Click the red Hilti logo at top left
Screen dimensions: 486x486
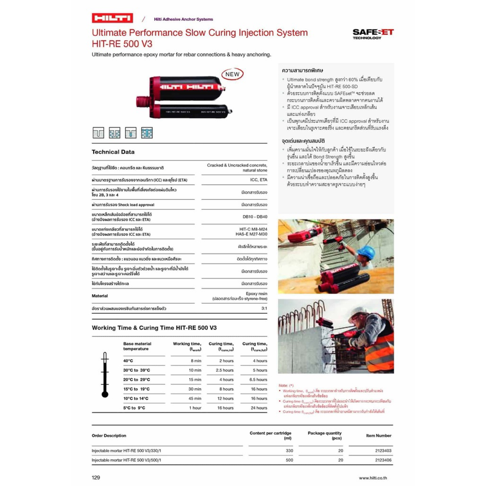[x=112, y=19]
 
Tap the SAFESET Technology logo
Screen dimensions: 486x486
[x=373, y=33]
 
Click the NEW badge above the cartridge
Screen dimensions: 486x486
[x=232, y=74]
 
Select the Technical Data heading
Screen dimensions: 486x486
[x=113, y=152]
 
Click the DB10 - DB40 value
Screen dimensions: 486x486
[x=255, y=216]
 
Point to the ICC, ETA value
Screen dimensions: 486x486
[x=259, y=180]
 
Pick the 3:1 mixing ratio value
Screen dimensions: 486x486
[x=264, y=308]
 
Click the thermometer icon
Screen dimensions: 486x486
[x=105, y=375]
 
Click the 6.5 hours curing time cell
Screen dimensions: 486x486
[x=258, y=380]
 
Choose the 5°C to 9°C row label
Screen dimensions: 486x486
[x=134, y=408]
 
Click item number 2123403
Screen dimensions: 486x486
[x=383, y=451]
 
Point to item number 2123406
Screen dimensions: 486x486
[x=383, y=460]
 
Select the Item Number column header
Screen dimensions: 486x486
[x=379, y=435]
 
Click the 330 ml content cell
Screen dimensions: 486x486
[x=289, y=451]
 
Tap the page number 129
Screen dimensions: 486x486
[x=96, y=477]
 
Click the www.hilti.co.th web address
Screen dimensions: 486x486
[x=375, y=478]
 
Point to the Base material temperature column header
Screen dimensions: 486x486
[x=137, y=346]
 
